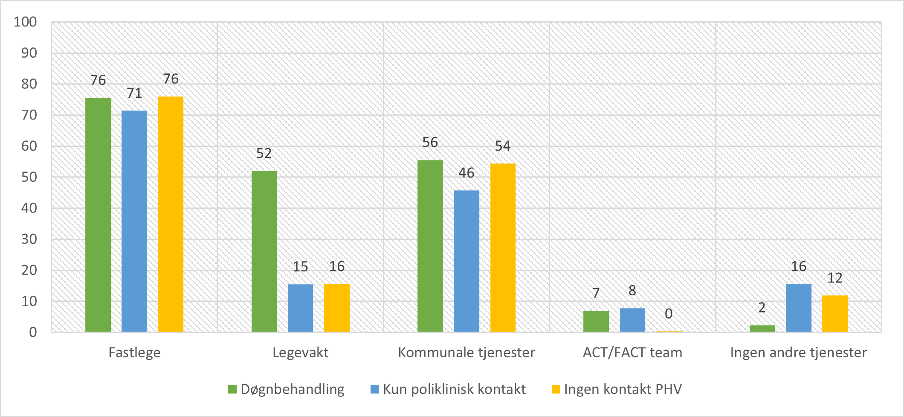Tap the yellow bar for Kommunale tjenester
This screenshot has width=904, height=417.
pos(503,248)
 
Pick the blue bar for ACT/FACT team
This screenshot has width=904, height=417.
pos(632,320)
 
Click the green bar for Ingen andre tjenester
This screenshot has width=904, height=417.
pos(762,329)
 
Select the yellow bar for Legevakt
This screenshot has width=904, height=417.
pos(337,308)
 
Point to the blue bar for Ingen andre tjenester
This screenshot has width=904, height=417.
pos(798,308)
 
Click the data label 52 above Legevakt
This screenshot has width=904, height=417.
pos(264,153)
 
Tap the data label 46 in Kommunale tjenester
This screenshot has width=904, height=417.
pos(466,173)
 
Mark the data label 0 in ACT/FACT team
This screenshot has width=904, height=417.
pos(669,314)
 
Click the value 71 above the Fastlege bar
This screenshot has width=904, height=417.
pos(134,93)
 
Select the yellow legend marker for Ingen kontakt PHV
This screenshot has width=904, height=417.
pos(556,389)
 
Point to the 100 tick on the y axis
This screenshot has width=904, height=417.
pos(25,22)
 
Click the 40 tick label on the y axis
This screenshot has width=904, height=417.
pos(29,208)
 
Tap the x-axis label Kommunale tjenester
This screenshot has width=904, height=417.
pos(466,353)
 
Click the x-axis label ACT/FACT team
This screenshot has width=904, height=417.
pos(632,353)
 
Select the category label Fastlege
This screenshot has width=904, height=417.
pos(134,353)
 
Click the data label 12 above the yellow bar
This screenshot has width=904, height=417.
pos(834,278)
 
